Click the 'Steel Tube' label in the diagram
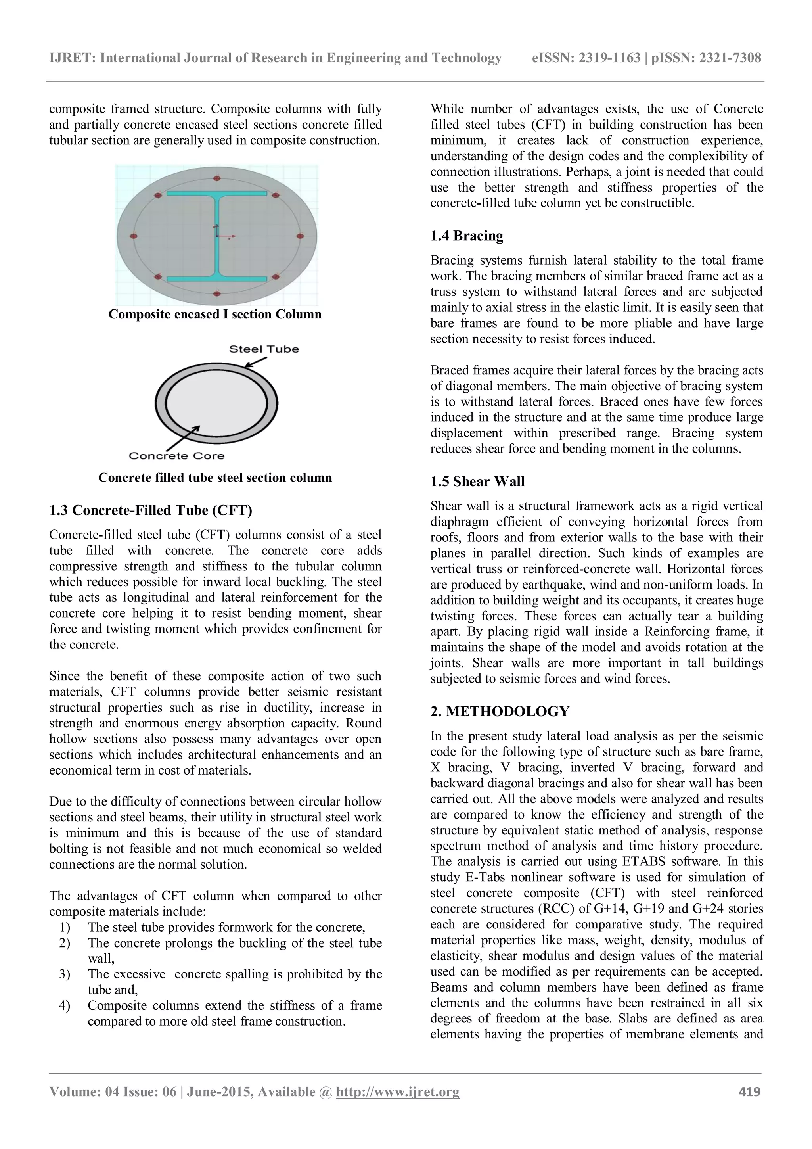[x=264, y=349]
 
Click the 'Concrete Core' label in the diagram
[x=176, y=456]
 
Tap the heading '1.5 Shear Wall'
[x=477, y=481]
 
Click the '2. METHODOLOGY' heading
[x=499, y=711]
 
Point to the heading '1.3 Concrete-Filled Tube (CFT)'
[x=151, y=510]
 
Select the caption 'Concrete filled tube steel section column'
[x=215, y=478]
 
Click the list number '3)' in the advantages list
[x=65, y=974]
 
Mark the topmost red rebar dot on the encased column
[x=216, y=178]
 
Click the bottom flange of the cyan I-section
[x=216, y=278]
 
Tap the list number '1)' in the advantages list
[x=65, y=927]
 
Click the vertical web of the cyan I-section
[x=216, y=235]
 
